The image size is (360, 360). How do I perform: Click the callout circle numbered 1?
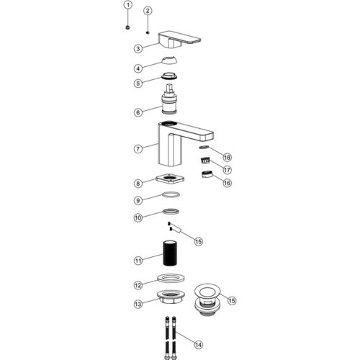128,5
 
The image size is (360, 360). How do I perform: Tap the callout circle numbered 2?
148,11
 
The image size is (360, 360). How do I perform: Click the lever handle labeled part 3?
179,40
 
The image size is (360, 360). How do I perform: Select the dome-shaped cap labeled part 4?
169,60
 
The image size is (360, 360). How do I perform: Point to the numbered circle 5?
138,84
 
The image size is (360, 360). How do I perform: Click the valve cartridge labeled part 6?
170,99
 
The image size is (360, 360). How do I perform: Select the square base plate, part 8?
170,179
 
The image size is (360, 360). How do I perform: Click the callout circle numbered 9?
138,200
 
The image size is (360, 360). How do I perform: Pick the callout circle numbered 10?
138,218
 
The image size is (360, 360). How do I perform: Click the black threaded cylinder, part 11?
170,253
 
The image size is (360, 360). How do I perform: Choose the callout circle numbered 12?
138,285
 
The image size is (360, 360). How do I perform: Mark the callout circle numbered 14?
198,345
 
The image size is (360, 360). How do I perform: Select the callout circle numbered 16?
227,183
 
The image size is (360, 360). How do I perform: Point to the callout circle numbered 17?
227,170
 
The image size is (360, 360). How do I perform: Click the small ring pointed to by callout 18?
204,147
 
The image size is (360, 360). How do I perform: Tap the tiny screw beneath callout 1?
128,27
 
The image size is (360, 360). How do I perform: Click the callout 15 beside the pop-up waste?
232,301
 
